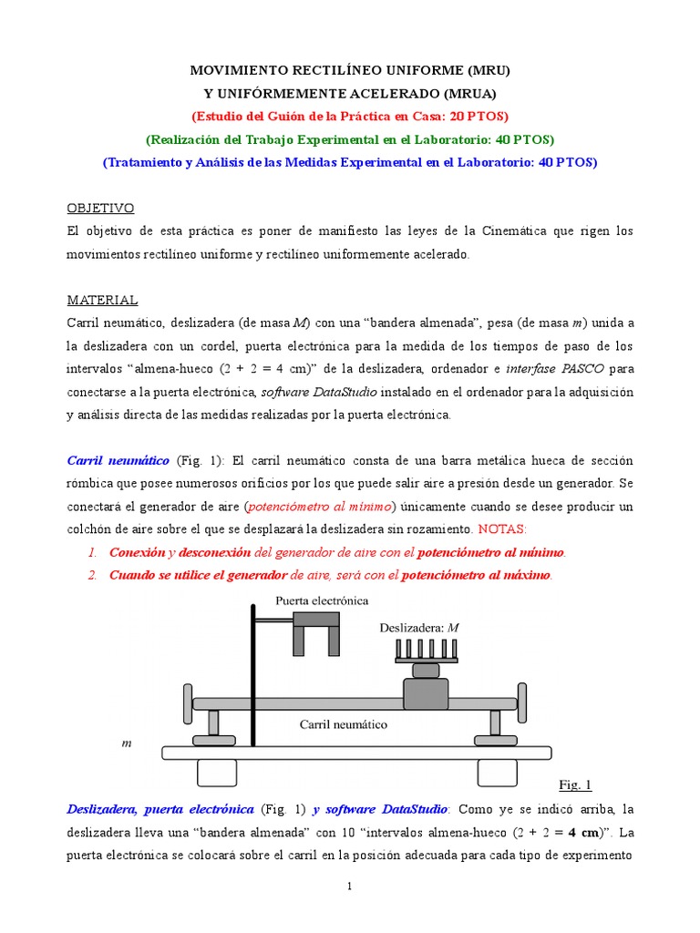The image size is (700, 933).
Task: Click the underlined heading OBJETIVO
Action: (101, 209)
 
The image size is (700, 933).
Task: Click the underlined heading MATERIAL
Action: (103, 300)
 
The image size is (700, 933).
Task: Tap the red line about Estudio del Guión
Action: (350, 116)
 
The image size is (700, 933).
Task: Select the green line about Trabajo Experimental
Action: (350, 139)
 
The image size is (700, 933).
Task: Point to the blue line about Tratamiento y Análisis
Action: (350, 162)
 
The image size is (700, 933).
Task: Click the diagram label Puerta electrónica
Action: (322, 600)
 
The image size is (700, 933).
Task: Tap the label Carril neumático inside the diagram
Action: (344, 725)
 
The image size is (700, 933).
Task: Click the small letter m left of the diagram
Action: (127, 743)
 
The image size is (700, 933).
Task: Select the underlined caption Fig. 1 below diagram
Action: (574, 784)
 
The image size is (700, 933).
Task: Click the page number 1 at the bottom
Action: (350, 887)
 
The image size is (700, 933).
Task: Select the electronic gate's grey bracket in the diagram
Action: (316, 631)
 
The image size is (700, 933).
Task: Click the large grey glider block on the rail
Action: (426, 694)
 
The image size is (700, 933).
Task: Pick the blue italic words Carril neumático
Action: (118, 460)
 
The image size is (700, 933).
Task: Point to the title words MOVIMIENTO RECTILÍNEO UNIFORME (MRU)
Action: (350, 69)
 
